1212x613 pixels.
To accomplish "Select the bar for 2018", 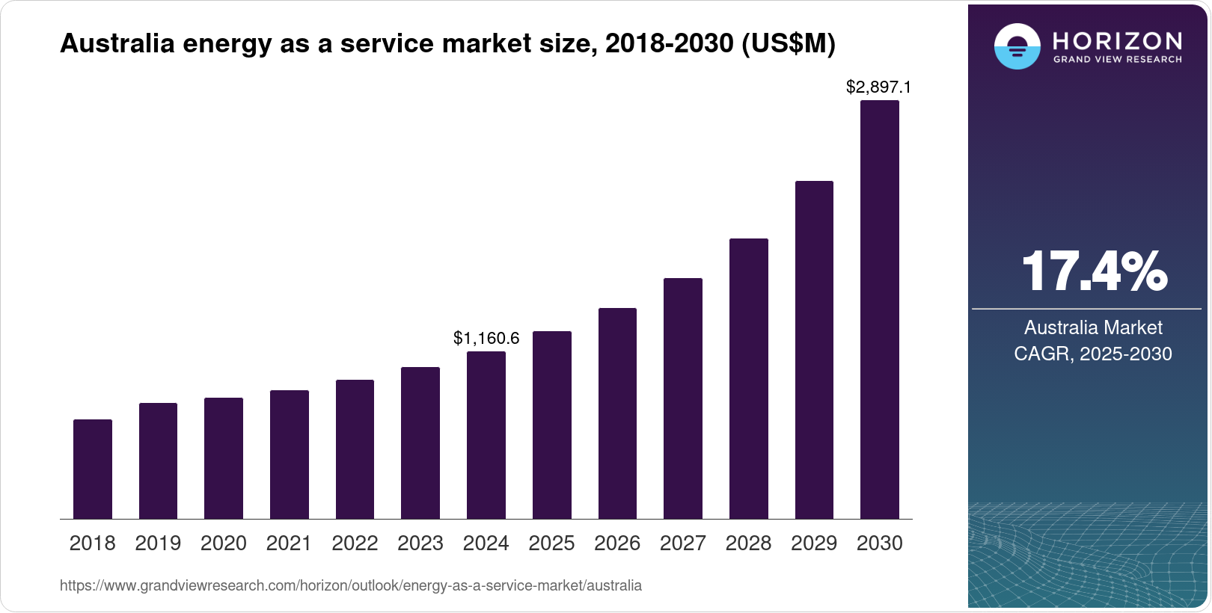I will tap(93, 469).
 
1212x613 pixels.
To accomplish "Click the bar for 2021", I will tap(290, 455).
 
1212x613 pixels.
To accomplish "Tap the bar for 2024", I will tap(486, 435).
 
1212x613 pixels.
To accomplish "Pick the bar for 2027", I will tap(683, 398).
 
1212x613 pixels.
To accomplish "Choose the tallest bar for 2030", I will tap(880, 309).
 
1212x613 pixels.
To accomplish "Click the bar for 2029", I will tap(814, 350).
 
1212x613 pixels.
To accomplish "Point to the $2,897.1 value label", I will tap(878, 87).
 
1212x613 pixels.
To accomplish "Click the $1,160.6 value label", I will tap(486, 339).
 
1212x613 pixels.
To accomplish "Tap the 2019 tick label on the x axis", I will tap(158, 543).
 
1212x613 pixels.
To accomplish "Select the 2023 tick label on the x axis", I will tap(420, 543).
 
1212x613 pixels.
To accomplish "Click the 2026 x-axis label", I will tap(617, 543).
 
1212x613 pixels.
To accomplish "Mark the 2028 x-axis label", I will tap(748, 543).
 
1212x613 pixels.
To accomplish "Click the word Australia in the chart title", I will tap(117, 44).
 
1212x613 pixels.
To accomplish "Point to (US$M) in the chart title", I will tap(788, 44).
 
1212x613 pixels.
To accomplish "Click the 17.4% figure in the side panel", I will tap(1093, 272).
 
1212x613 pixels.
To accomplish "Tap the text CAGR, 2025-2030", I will tap(1093, 354).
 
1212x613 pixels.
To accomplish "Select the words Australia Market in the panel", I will tap(1093, 327).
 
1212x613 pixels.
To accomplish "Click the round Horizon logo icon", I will tap(1017, 47).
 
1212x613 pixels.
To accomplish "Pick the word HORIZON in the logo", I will tap(1118, 41).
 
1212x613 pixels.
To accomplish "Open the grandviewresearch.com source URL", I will tap(351, 585).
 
